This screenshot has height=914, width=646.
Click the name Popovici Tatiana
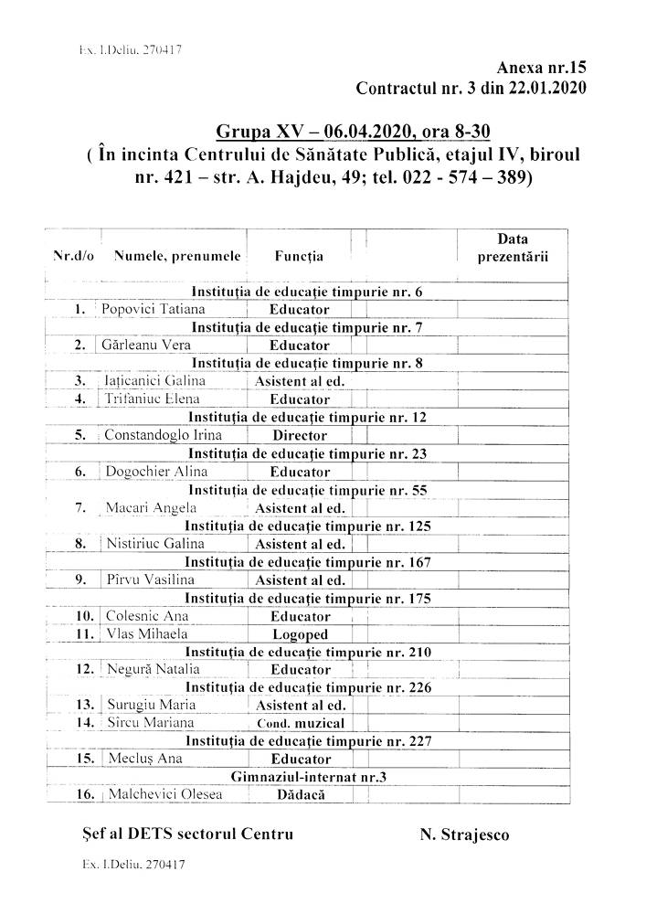pyautogui.click(x=154, y=309)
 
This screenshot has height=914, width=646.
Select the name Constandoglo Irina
pyautogui.click(x=163, y=435)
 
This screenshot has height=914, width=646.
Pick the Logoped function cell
pyautogui.click(x=300, y=633)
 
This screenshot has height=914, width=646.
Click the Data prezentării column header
pyautogui.click(x=513, y=248)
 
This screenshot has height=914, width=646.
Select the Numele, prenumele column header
pyautogui.click(x=177, y=257)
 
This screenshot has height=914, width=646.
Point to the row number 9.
pyautogui.click(x=81, y=579)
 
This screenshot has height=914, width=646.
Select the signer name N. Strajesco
pyautogui.click(x=464, y=834)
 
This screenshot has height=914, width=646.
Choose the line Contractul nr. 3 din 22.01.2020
pyautogui.click(x=471, y=89)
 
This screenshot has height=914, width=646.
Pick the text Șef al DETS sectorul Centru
pyautogui.click(x=187, y=834)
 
